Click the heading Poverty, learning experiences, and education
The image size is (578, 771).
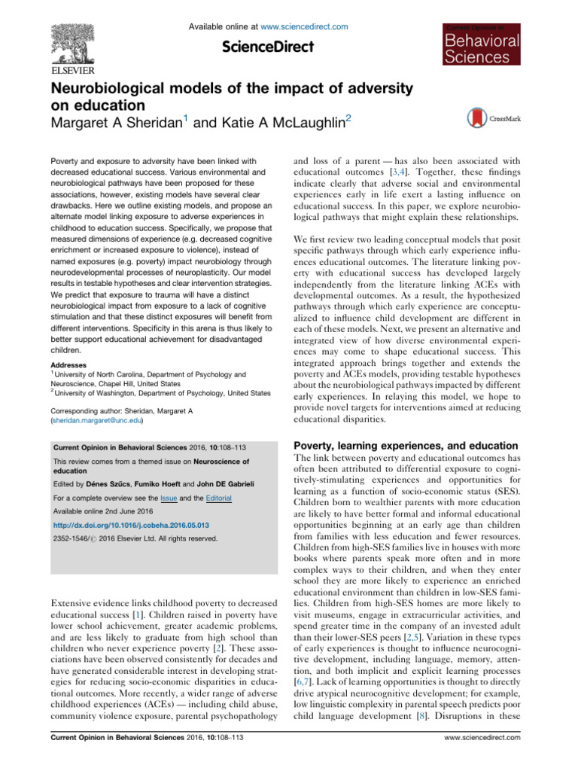click(x=406, y=446)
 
